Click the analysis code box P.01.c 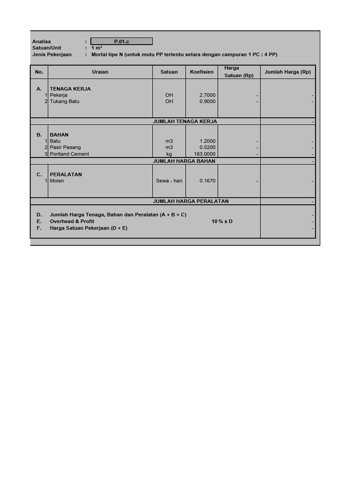(121, 41)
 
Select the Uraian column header (100, 72)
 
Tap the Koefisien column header (202, 72)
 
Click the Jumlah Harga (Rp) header (287, 72)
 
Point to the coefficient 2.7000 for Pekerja (207, 95)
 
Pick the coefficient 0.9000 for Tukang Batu (207, 101)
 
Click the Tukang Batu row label (65, 101)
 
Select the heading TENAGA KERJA (70, 89)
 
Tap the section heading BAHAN (59, 135)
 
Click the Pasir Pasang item (65, 147)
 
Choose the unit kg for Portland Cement (169, 154)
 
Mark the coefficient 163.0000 (204, 154)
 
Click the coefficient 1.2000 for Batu (207, 141)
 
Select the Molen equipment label (57, 181)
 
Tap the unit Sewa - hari (169, 181)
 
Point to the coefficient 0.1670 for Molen (207, 181)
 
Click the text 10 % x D (222, 221)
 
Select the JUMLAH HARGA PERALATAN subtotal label (191, 201)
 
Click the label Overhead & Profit (72, 221)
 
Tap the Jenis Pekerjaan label (52, 54)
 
